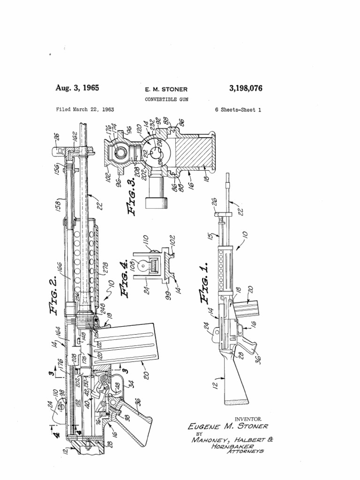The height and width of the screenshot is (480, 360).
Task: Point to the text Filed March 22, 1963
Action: click(85, 109)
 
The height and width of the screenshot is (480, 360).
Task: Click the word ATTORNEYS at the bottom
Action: click(245, 451)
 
